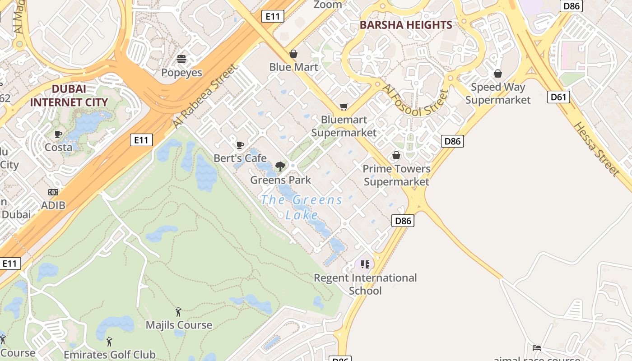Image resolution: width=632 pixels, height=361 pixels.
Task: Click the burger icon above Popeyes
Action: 181,59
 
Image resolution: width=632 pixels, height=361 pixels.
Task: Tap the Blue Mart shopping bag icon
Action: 293,54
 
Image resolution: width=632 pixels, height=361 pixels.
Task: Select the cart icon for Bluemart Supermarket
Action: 344,106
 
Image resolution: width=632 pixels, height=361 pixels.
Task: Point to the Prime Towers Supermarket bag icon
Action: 396,155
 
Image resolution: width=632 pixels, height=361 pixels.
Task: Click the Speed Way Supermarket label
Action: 497,93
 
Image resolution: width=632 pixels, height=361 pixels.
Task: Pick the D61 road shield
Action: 558,97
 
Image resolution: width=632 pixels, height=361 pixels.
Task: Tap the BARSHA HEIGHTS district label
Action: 406,25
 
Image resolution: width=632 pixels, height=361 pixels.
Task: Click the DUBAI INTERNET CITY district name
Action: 69,96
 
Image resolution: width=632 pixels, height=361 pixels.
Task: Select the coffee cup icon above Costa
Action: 58,134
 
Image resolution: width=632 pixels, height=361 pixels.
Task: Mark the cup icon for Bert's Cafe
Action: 240,145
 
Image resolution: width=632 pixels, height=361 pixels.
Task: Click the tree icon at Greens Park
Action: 280,166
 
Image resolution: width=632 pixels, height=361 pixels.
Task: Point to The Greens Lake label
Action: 302,207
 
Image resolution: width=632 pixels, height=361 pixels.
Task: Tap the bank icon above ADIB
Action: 53,192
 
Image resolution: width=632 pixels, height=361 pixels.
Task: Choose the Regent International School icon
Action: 365,264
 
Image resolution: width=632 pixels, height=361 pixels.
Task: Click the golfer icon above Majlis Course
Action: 179,311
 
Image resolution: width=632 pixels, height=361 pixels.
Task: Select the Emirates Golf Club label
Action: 109,355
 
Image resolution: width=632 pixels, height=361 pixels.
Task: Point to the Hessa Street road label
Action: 596,148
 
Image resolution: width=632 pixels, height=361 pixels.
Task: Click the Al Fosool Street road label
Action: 415,99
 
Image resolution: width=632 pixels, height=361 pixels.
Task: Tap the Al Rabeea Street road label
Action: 205,96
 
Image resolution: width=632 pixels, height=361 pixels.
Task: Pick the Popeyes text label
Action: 181,73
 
